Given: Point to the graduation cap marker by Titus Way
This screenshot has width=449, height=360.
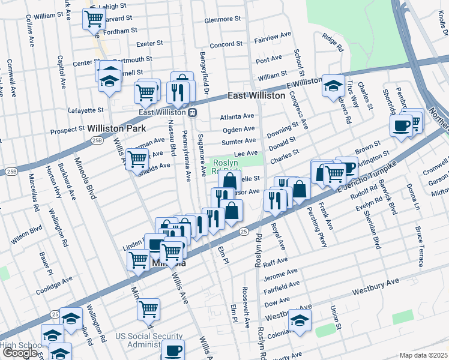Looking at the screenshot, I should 333,86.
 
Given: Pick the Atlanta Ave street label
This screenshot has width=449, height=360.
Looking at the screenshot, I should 237,116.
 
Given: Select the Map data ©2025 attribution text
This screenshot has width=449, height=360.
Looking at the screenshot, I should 423,355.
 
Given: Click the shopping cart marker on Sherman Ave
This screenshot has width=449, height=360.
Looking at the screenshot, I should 137,159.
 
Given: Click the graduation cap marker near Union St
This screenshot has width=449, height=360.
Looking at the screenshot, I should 299,320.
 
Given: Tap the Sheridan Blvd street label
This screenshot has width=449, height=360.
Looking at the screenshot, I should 373,228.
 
